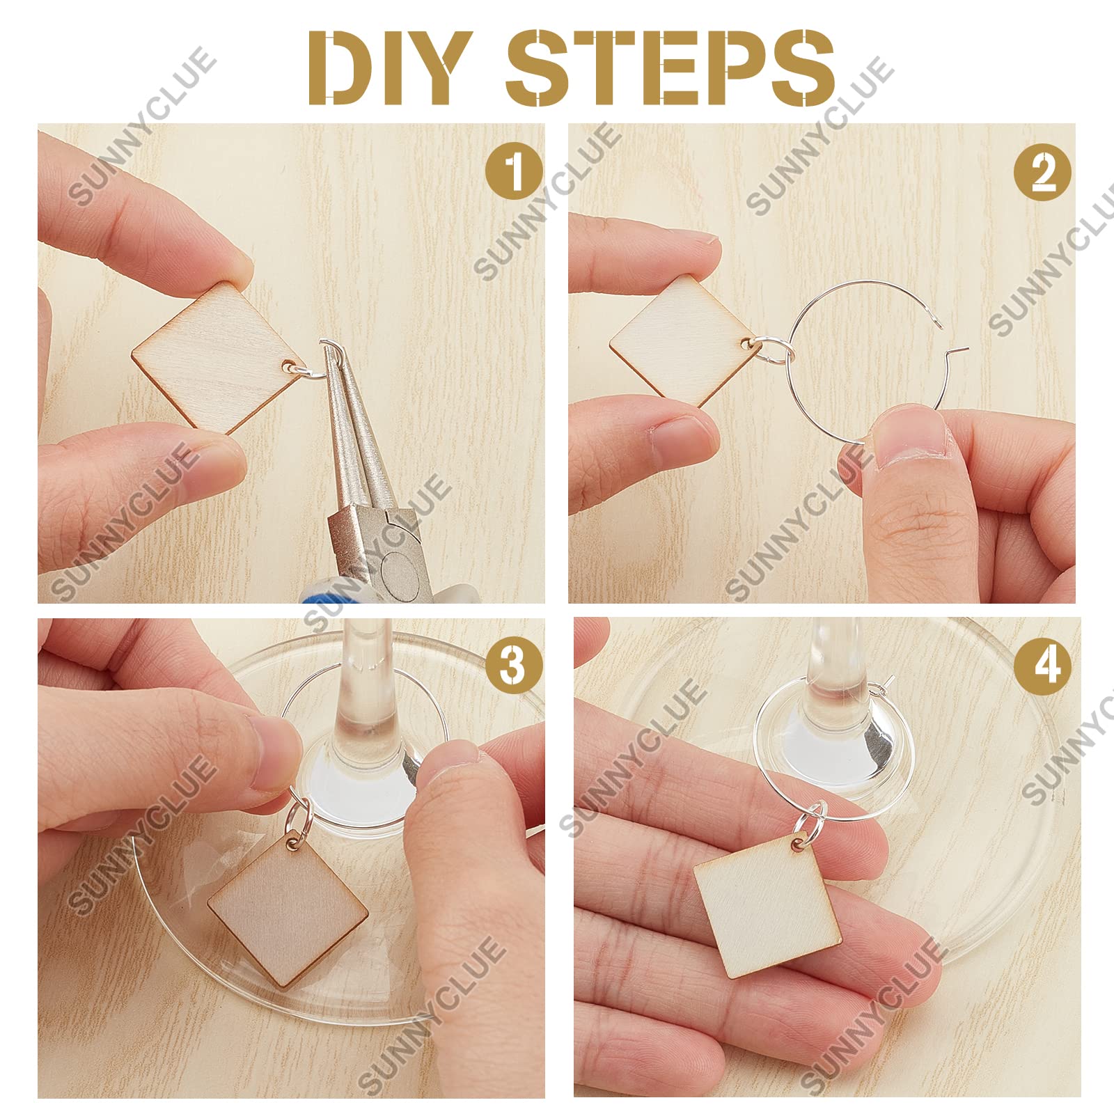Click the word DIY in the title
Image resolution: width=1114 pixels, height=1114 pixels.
point(386,68)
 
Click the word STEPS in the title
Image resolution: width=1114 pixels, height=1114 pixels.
point(670,68)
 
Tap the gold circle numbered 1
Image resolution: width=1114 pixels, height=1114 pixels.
point(514,172)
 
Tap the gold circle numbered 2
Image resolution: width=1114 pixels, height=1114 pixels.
point(1042,172)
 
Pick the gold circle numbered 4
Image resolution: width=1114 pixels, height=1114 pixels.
point(1047,664)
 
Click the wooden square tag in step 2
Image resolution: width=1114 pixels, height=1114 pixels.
point(680,340)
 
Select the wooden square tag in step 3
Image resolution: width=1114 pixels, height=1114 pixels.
point(288,909)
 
